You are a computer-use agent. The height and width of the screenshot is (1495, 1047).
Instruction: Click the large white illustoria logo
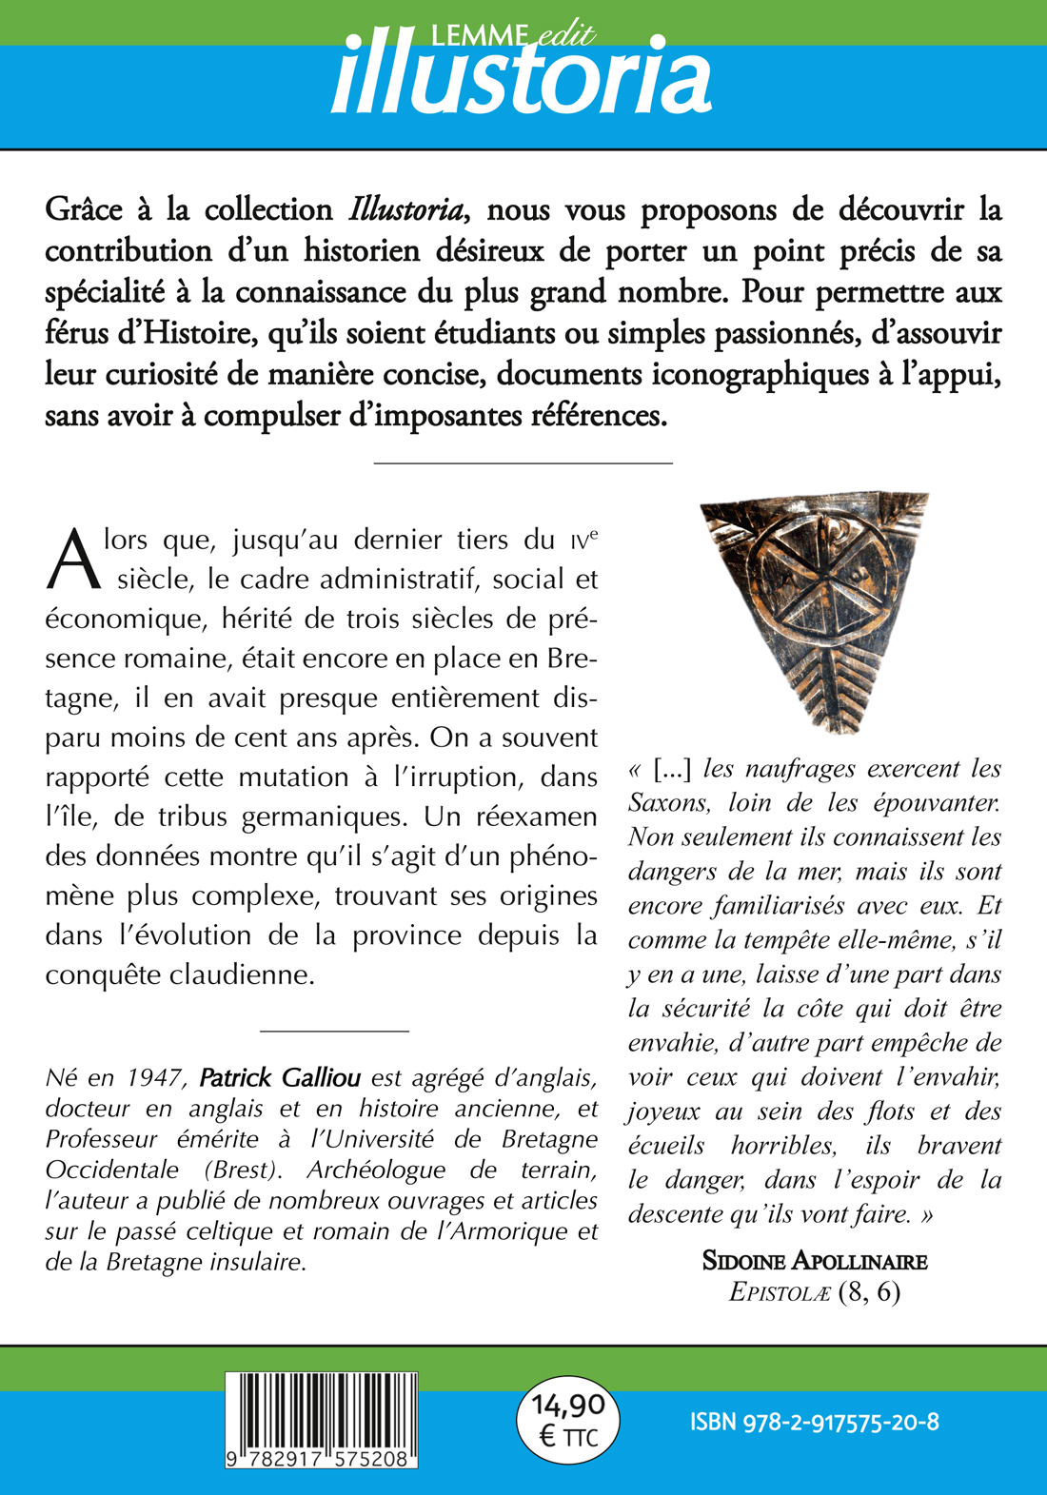521,80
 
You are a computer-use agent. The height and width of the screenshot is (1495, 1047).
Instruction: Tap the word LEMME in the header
478,35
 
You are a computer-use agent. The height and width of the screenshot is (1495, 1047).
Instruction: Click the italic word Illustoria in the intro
406,209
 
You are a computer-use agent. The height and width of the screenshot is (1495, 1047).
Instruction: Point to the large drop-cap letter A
72,560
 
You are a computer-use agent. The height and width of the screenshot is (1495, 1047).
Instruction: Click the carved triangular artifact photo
814,611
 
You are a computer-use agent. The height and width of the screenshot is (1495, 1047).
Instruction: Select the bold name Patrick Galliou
280,1078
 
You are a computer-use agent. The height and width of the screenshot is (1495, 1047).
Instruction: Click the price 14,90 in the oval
568,1405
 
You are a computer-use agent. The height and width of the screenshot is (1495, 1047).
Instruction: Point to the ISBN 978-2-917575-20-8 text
815,1422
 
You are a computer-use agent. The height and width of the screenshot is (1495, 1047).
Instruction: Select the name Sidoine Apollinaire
815,1261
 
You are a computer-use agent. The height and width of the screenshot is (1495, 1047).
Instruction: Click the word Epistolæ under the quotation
780,1292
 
